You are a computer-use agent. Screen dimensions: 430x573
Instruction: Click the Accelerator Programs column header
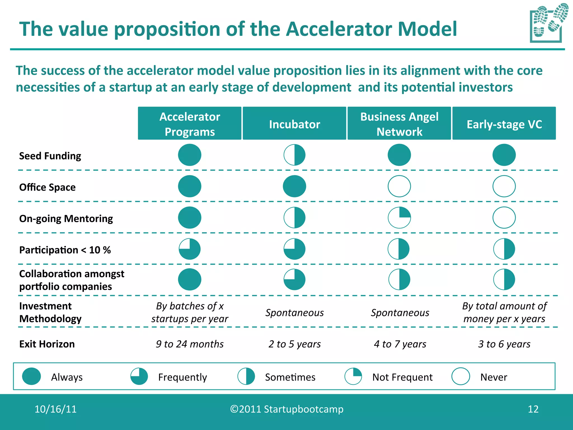(x=189, y=123)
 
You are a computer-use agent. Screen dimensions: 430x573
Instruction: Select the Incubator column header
(x=294, y=123)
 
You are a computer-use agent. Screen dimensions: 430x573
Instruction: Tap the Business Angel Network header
(x=399, y=123)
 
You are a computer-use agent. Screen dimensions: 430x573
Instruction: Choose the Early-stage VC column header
(x=504, y=123)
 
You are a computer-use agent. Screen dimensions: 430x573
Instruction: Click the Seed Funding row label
(x=50, y=156)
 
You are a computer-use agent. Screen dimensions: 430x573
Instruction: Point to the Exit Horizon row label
(x=47, y=344)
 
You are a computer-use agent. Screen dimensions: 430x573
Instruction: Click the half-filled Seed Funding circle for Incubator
(x=294, y=155)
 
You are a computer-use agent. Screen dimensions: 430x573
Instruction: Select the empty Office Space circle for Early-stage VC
(x=504, y=186)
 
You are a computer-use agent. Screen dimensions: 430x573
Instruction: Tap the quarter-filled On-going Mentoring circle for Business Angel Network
(x=399, y=218)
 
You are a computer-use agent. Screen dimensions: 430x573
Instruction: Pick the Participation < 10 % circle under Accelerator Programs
(x=190, y=249)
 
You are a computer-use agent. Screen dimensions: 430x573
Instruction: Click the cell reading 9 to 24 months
(x=190, y=344)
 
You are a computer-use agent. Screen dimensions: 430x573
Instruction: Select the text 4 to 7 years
(x=400, y=344)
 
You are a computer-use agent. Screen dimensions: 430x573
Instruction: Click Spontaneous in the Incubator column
(x=294, y=312)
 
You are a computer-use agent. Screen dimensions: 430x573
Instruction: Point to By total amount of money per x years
(x=504, y=312)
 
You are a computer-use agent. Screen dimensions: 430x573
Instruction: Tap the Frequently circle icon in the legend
(x=139, y=376)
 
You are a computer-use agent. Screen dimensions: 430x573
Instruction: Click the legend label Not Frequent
(x=402, y=377)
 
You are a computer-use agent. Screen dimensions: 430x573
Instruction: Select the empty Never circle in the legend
(x=461, y=376)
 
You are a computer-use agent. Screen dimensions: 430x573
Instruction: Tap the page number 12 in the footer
(x=533, y=409)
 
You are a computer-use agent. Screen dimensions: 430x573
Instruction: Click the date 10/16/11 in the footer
(x=55, y=409)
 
